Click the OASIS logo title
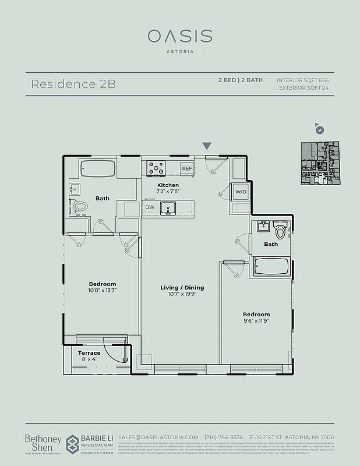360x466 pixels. pyautogui.click(x=179, y=36)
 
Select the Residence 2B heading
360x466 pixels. pyautogui.click(x=73, y=84)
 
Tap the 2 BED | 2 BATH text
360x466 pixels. pyautogui.click(x=240, y=80)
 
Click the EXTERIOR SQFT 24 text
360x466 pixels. pyautogui.click(x=305, y=88)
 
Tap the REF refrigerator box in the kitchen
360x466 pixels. pyautogui.click(x=186, y=168)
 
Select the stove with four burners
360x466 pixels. pyautogui.click(x=156, y=168)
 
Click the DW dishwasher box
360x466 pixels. pyautogui.click(x=150, y=207)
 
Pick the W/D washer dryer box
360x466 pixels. pyautogui.click(x=241, y=192)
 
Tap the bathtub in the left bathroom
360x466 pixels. pyautogui.click(x=98, y=170)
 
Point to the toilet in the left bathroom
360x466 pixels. pyautogui.click(x=80, y=206)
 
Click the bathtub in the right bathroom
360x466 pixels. pyautogui.click(x=273, y=268)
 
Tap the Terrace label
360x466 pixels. pyautogui.click(x=89, y=353)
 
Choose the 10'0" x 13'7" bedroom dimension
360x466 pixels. pyautogui.click(x=102, y=290)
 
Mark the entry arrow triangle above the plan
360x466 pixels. pyautogui.click(x=206, y=146)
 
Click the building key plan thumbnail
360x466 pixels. pyautogui.click(x=320, y=164)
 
